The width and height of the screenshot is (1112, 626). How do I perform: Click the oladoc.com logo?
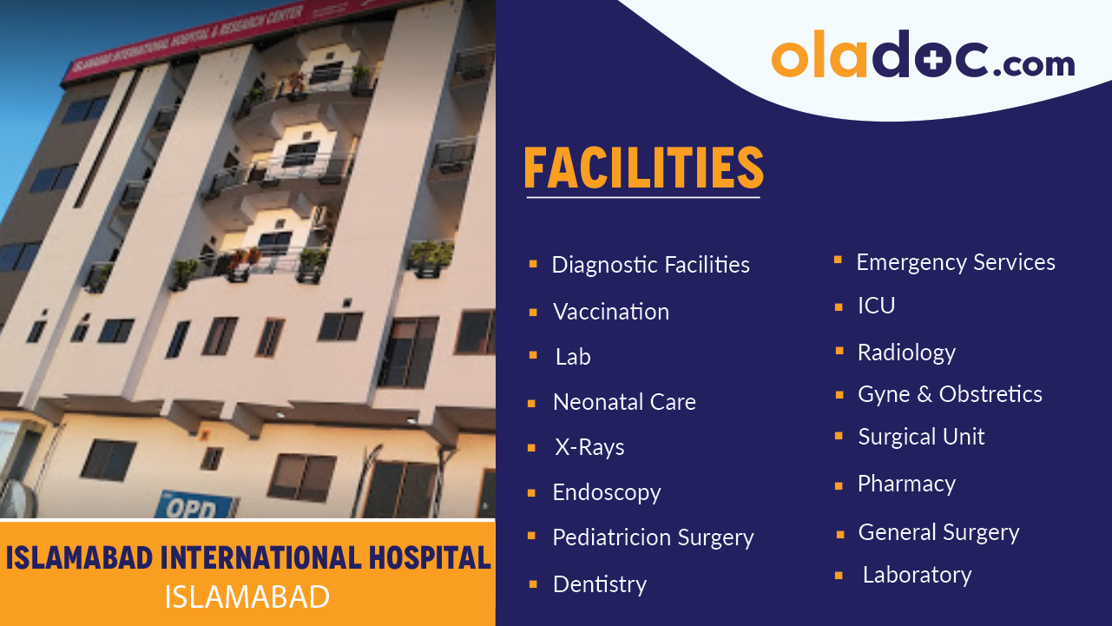pos(923,57)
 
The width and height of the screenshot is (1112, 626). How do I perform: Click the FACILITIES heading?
pos(643,168)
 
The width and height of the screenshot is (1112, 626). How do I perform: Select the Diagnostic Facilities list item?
pos(650,265)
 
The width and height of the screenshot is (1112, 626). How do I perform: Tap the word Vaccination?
pos(611,312)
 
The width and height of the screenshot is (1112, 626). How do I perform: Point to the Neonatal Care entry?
pos(624,402)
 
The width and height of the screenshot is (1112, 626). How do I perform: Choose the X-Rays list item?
pos(589,447)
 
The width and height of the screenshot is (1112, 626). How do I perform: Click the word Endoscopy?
pos(607,493)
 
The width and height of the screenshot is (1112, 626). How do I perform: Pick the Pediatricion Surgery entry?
pos(653,537)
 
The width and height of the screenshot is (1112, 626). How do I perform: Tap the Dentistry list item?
pos(600,584)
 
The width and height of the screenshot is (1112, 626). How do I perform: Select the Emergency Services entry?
pos(956,262)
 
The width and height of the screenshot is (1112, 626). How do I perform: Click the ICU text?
pos(876,306)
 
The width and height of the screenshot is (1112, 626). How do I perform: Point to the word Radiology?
pos(906,353)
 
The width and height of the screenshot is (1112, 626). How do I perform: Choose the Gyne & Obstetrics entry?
pos(950,394)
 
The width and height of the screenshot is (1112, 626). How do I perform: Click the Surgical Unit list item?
pos(921,437)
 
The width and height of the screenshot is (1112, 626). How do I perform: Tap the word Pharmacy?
pos(906,484)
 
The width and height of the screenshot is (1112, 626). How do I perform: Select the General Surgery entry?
pos(938,532)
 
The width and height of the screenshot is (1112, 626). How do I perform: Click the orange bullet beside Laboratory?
pos(839,576)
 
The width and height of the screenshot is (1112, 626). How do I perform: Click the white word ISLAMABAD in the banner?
pos(247,597)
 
